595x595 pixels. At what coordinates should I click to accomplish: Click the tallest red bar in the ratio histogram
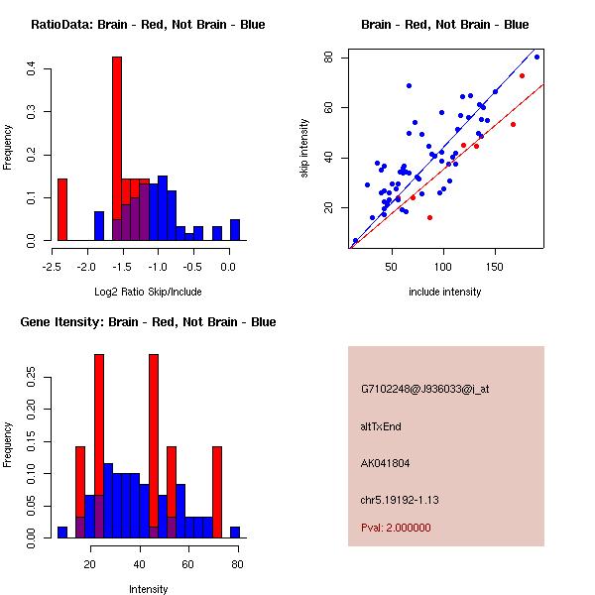[117, 149]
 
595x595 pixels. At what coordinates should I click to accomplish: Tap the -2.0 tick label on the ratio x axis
[86, 267]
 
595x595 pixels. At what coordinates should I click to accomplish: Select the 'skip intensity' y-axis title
[304, 149]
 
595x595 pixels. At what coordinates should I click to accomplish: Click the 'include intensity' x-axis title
[444, 292]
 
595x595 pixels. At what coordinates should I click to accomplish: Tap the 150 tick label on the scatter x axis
[495, 267]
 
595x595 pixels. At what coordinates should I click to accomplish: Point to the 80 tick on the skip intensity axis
[324, 58]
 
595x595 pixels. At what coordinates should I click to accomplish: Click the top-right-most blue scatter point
[536, 57]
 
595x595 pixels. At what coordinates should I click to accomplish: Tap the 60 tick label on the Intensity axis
[187, 564]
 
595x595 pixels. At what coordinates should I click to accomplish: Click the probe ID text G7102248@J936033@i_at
[424, 389]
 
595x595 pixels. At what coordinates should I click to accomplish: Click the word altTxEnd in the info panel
[381, 426]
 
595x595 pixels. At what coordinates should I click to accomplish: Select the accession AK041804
[386, 463]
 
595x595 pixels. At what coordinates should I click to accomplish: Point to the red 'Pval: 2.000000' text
[396, 528]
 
